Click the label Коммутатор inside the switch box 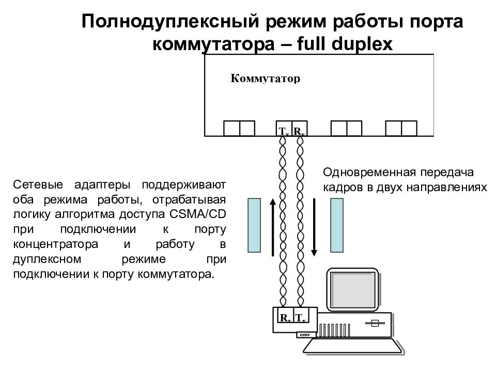(x=265, y=79)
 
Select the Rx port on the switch (x=299, y=130)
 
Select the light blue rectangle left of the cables (x=254, y=226)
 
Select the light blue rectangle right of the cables (x=337, y=226)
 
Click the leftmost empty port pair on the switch (x=239, y=128)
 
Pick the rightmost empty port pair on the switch (x=401, y=128)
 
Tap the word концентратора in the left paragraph (x=50, y=244)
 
